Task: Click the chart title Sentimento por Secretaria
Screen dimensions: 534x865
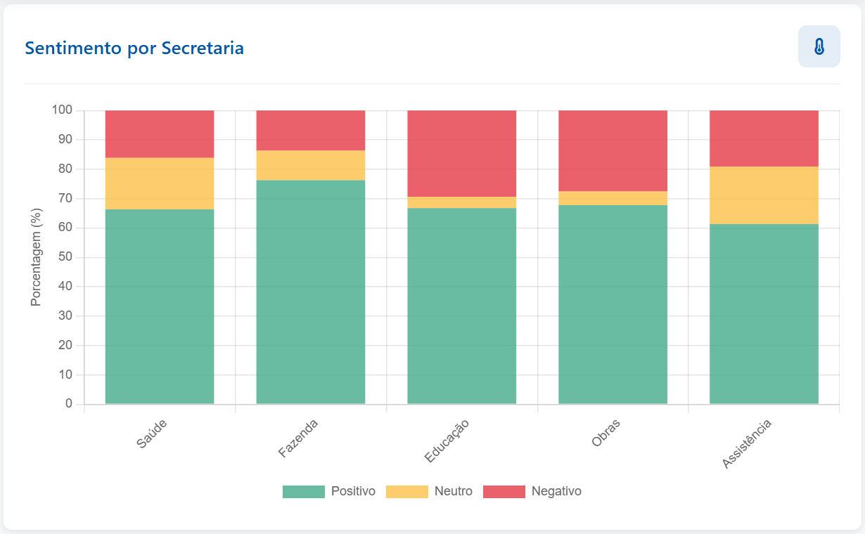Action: click(x=134, y=48)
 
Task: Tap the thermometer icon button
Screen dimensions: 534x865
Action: click(x=819, y=46)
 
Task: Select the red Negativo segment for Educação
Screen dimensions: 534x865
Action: click(x=461, y=153)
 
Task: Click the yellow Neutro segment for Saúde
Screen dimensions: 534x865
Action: click(x=160, y=183)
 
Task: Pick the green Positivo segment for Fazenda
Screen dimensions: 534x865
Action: click(x=310, y=292)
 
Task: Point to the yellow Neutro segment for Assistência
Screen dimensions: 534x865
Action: click(x=764, y=195)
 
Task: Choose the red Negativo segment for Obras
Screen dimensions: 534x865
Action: click(x=613, y=150)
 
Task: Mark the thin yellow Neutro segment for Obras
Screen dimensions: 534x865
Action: click(x=613, y=198)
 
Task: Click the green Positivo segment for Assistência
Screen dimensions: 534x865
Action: click(x=764, y=313)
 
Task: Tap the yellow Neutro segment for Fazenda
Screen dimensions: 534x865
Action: click(x=310, y=165)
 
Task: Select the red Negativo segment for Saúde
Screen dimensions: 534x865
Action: click(x=160, y=133)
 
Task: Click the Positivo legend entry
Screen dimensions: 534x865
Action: click(x=329, y=491)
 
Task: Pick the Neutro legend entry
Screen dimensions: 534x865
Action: click(x=429, y=491)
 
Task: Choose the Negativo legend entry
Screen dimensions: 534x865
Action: click(x=532, y=491)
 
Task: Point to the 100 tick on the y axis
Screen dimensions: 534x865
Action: click(x=62, y=110)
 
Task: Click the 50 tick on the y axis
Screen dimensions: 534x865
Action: click(x=65, y=257)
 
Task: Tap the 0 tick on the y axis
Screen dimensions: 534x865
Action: click(x=69, y=404)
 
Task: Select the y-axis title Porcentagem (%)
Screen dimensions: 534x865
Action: click(x=37, y=256)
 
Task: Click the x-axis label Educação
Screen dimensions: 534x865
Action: click(x=447, y=441)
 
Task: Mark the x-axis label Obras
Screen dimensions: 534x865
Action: click(x=606, y=434)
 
